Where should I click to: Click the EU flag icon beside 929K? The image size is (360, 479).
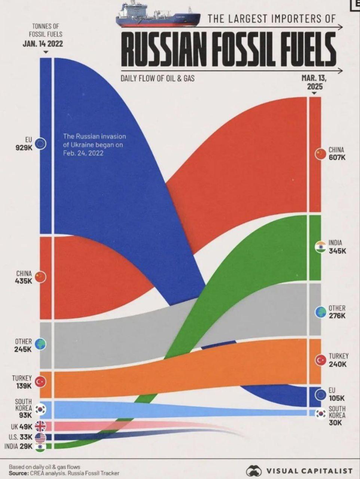click(40, 144)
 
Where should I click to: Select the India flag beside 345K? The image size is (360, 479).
click(320, 247)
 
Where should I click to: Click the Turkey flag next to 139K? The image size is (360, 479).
click(40, 382)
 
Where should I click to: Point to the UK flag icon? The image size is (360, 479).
click(40, 426)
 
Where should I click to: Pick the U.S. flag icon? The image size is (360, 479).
click(40, 437)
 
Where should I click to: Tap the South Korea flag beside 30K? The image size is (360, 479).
click(320, 414)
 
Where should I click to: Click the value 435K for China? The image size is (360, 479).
click(24, 281)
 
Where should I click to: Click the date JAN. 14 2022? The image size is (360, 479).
click(43, 44)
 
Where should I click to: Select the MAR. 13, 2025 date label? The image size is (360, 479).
click(314, 82)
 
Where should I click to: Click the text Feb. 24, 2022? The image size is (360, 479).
click(83, 153)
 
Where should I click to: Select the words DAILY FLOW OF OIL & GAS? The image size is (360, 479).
click(158, 79)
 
